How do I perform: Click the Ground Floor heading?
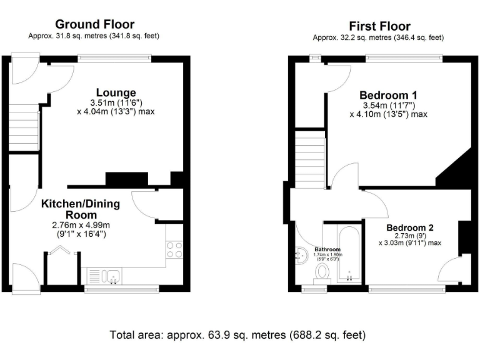94,24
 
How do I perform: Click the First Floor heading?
379,26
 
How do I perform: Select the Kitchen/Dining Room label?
81,209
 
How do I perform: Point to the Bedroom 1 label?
388,95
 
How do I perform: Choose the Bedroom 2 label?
409,227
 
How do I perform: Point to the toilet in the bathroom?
322,273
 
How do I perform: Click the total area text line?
237,334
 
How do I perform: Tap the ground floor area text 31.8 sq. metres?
94,36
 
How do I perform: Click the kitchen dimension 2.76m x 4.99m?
81,226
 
